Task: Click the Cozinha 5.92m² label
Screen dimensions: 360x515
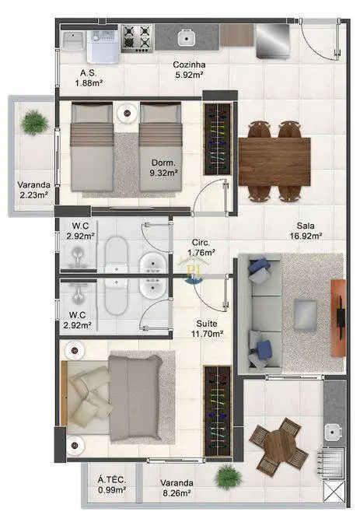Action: [x=190, y=70]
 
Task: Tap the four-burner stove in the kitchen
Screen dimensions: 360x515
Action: [x=137, y=38]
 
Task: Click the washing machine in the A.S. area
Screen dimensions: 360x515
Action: [x=103, y=47]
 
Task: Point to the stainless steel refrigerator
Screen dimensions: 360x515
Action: [x=272, y=40]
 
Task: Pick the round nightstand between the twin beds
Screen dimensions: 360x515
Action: [x=127, y=113]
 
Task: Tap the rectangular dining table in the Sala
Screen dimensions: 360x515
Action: [x=274, y=162]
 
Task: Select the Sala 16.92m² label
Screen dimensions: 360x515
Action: [x=306, y=230]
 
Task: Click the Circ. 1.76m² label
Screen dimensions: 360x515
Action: [x=201, y=247]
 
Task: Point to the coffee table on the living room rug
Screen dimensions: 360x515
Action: [x=306, y=314]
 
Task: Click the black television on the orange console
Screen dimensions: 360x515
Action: [x=341, y=317]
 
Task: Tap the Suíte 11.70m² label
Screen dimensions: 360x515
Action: [x=207, y=329]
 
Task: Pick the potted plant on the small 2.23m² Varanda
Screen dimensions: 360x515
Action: [x=34, y=122]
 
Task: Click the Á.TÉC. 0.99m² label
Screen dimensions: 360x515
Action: [x=112, y=485]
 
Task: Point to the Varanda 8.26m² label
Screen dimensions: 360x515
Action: [x=177, y=488]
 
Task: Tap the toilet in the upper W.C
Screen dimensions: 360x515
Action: [x=116, y=254]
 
